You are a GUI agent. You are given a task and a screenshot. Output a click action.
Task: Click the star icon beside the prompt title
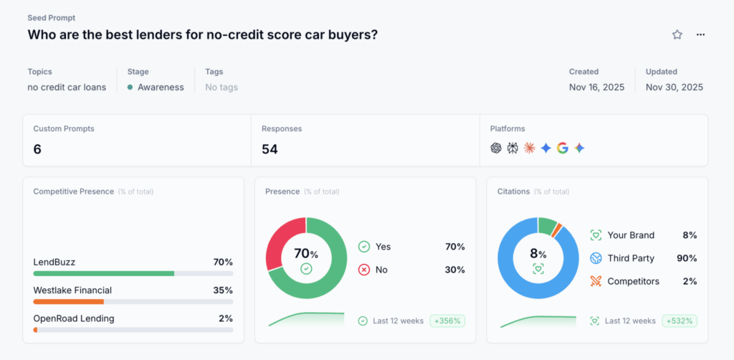coord(677,34)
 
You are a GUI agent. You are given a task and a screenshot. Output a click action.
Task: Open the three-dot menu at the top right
coord(700,34)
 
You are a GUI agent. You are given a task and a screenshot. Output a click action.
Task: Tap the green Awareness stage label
coord(161,87)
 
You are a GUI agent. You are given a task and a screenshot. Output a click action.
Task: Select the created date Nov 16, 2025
coord(596,87)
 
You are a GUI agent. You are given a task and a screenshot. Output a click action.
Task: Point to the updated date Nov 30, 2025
coord(674,87)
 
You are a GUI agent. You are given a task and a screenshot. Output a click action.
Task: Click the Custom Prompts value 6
coord(37,149)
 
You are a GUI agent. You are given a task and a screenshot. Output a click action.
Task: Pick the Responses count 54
coord(270,149)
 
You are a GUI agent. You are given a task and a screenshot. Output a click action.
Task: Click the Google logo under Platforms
coord(563,148)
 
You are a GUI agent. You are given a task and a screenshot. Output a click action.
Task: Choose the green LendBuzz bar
coord(104,273)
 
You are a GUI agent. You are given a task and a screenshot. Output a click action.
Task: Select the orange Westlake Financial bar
coord(69,301)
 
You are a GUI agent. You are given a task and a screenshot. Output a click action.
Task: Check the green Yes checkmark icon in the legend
coord(363,247)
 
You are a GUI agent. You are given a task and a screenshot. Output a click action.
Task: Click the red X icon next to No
coord(363,270)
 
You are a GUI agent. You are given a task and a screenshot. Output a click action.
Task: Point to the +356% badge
coord(447,321)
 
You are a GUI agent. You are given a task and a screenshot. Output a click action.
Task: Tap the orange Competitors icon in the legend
coord(596,281)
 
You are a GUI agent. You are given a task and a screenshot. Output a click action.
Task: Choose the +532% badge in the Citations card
coord(679,321)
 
